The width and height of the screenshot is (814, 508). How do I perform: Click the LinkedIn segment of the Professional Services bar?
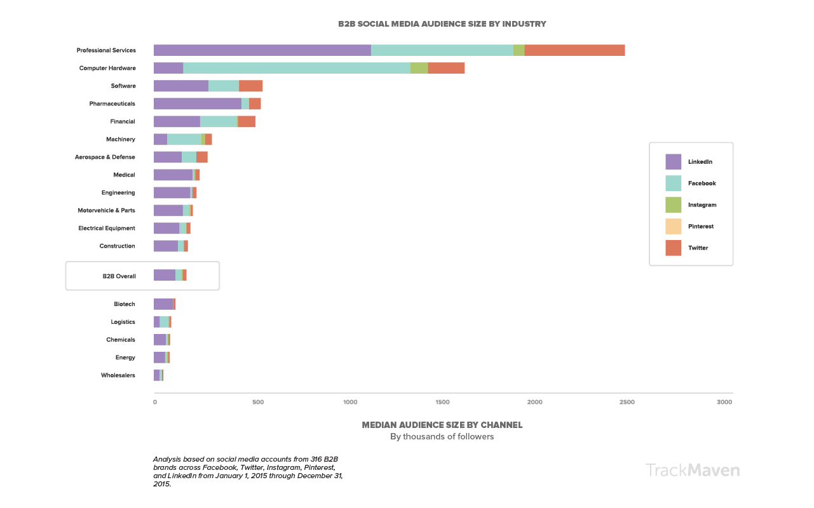point(262,50)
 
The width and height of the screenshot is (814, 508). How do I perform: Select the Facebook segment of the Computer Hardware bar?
point(296,68)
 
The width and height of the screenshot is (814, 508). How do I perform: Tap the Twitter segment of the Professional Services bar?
point(574,50)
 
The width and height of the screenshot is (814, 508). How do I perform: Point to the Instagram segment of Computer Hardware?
point(419,68)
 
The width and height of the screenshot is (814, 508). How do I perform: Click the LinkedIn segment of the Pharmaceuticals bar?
point(197,104)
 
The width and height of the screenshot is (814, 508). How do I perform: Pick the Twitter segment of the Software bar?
point(250,86)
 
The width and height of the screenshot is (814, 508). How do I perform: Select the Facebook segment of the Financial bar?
point(219,121)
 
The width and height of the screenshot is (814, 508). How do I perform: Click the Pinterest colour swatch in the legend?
point(673,227)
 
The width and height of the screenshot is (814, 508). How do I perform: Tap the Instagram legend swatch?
point(673,205)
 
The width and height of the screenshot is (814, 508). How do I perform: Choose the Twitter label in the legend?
point(698,248)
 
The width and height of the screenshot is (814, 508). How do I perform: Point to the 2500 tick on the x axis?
point(627,402)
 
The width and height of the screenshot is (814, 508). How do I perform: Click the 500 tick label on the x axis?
point(257,402)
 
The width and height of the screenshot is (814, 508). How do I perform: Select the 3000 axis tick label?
point(724,402)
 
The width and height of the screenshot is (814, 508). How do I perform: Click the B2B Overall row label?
point(119,276)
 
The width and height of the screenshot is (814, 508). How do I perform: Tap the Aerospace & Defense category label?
point(105,157)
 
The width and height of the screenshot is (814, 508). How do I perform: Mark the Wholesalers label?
point(118,375)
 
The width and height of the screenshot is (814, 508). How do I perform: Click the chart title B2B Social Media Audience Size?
point(442,24)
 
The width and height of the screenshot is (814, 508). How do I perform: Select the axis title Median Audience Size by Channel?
point(442,425)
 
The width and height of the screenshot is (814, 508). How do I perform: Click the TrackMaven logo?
point(692,470)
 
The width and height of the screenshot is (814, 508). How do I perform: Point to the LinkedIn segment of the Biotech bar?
point(163,304)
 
